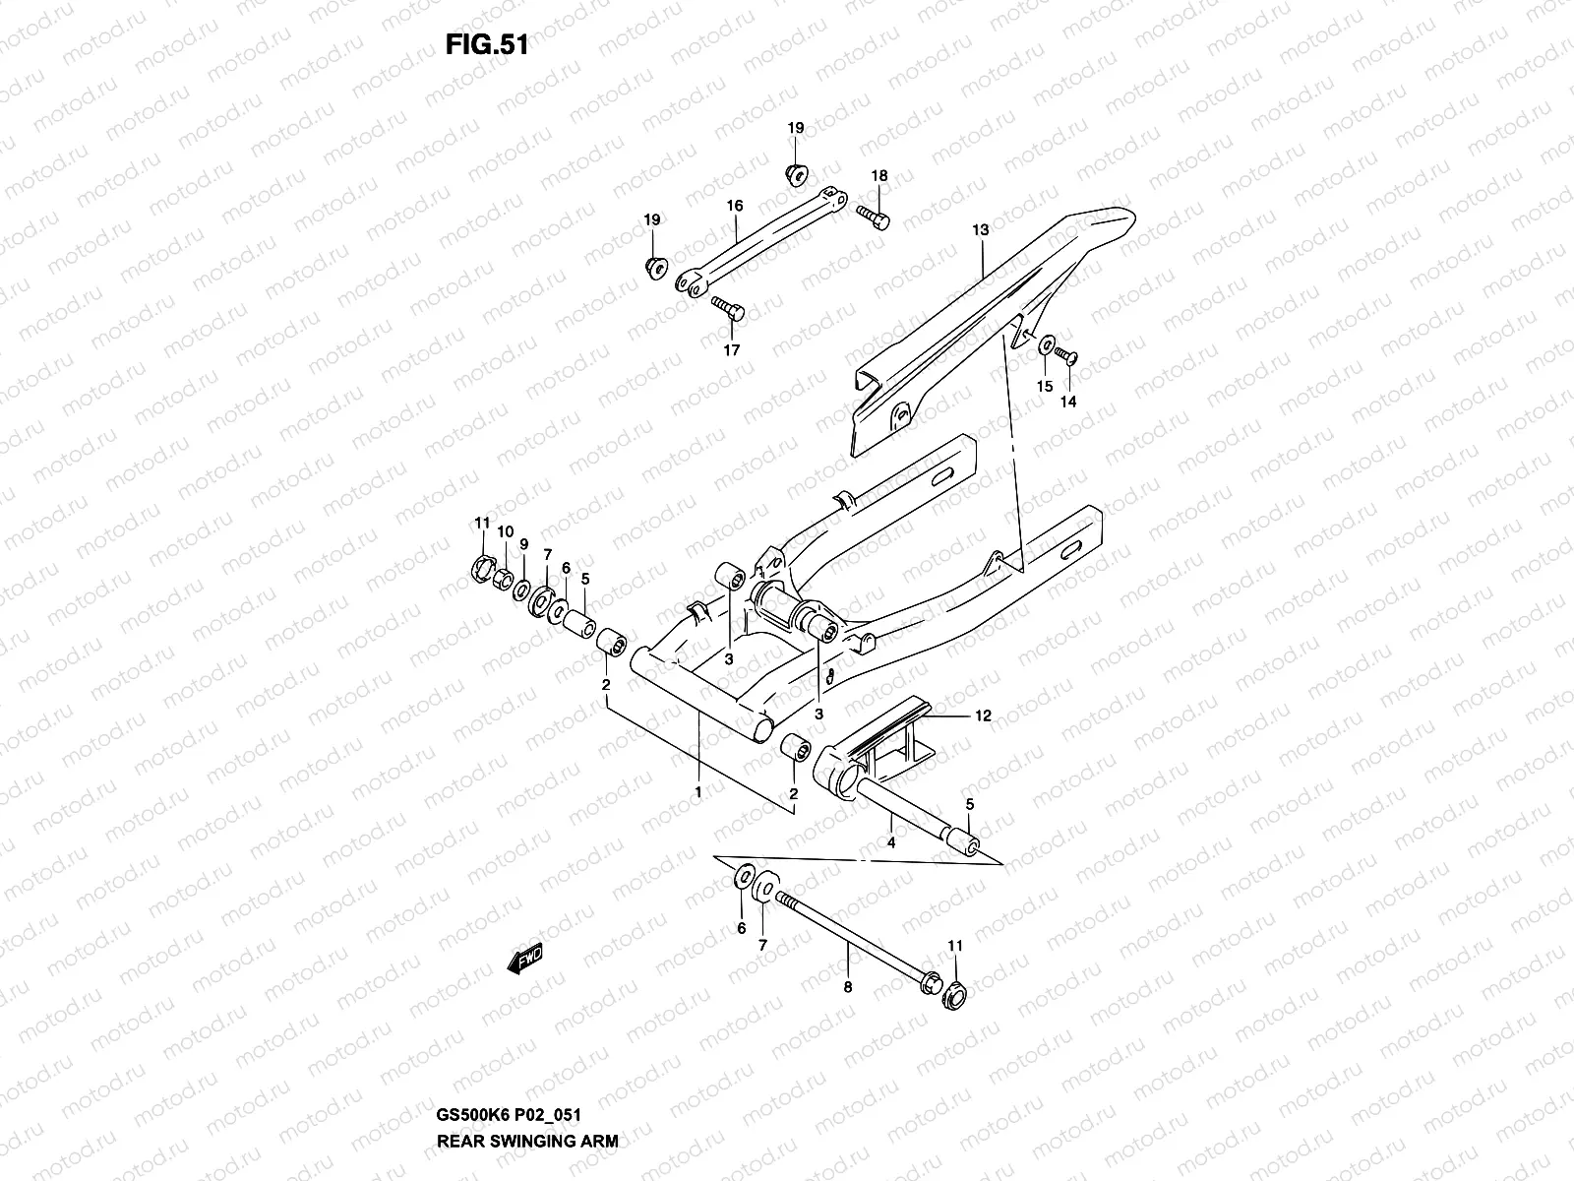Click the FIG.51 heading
pyautogui.click(x=488, y=46)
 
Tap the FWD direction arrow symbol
pyautogui.click(x=526, y=960)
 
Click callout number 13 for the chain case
pyautogui.click(x=980, y=229)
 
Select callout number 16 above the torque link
pyautogui.click(x=735, y=207)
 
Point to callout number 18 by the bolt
pyautogui.click(x=879, y=176)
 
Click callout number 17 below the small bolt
pyautogui.click(x=731, y=349)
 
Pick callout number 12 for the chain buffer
pyautogui.click(x=983, y=716)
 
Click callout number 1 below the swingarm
pyautogui.click(x=697, y=791)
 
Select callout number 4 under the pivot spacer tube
pyautogui.click(x=891, y=842)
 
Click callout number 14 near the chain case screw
pyautogui.click(x=1067, y=402)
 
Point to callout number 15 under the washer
pyautogui.click(x=1045, y=387)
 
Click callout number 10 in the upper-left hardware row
pyautogui.click(x=505, y=531)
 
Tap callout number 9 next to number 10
pyautogui.click(x=523, y=543)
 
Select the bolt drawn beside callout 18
pyautogui.click(x=873, y=218)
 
